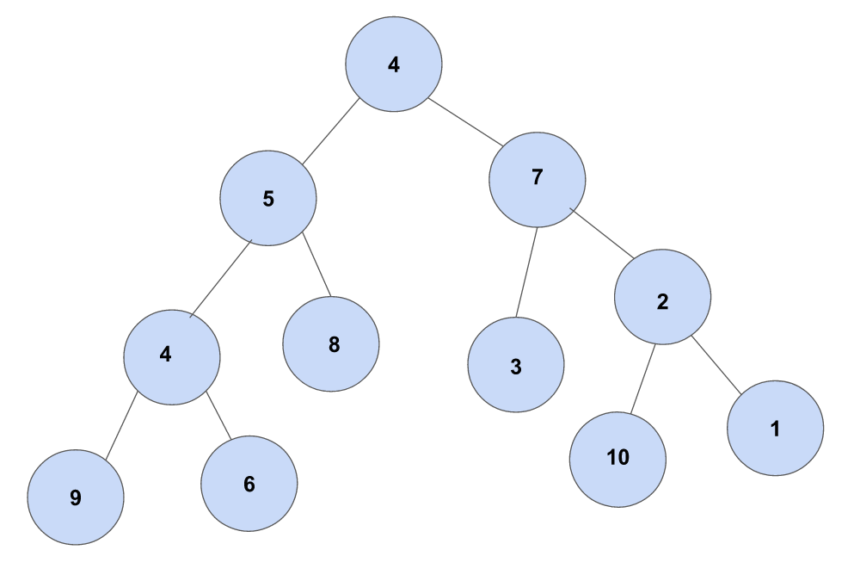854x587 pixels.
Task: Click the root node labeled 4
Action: click(x=394, y=65)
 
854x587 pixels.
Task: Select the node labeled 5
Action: click(x=267, y=199)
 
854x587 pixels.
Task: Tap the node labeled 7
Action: click(x=538, y=178)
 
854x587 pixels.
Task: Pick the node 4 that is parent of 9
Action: click(x=171, y=355)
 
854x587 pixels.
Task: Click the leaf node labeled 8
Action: click(x=331, y=344)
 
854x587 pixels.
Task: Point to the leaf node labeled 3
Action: click(x=516, y=365)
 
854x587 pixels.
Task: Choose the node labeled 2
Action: click(x=662, y=297)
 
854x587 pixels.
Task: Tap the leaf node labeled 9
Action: click(x=76, y=497)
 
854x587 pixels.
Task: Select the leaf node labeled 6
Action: click(x=249, y=484)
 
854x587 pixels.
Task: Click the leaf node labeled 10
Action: click(x=617, y=458)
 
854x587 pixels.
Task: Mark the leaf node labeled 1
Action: click(x=775, y=429)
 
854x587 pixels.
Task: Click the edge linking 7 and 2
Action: click(x=601, y=232)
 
